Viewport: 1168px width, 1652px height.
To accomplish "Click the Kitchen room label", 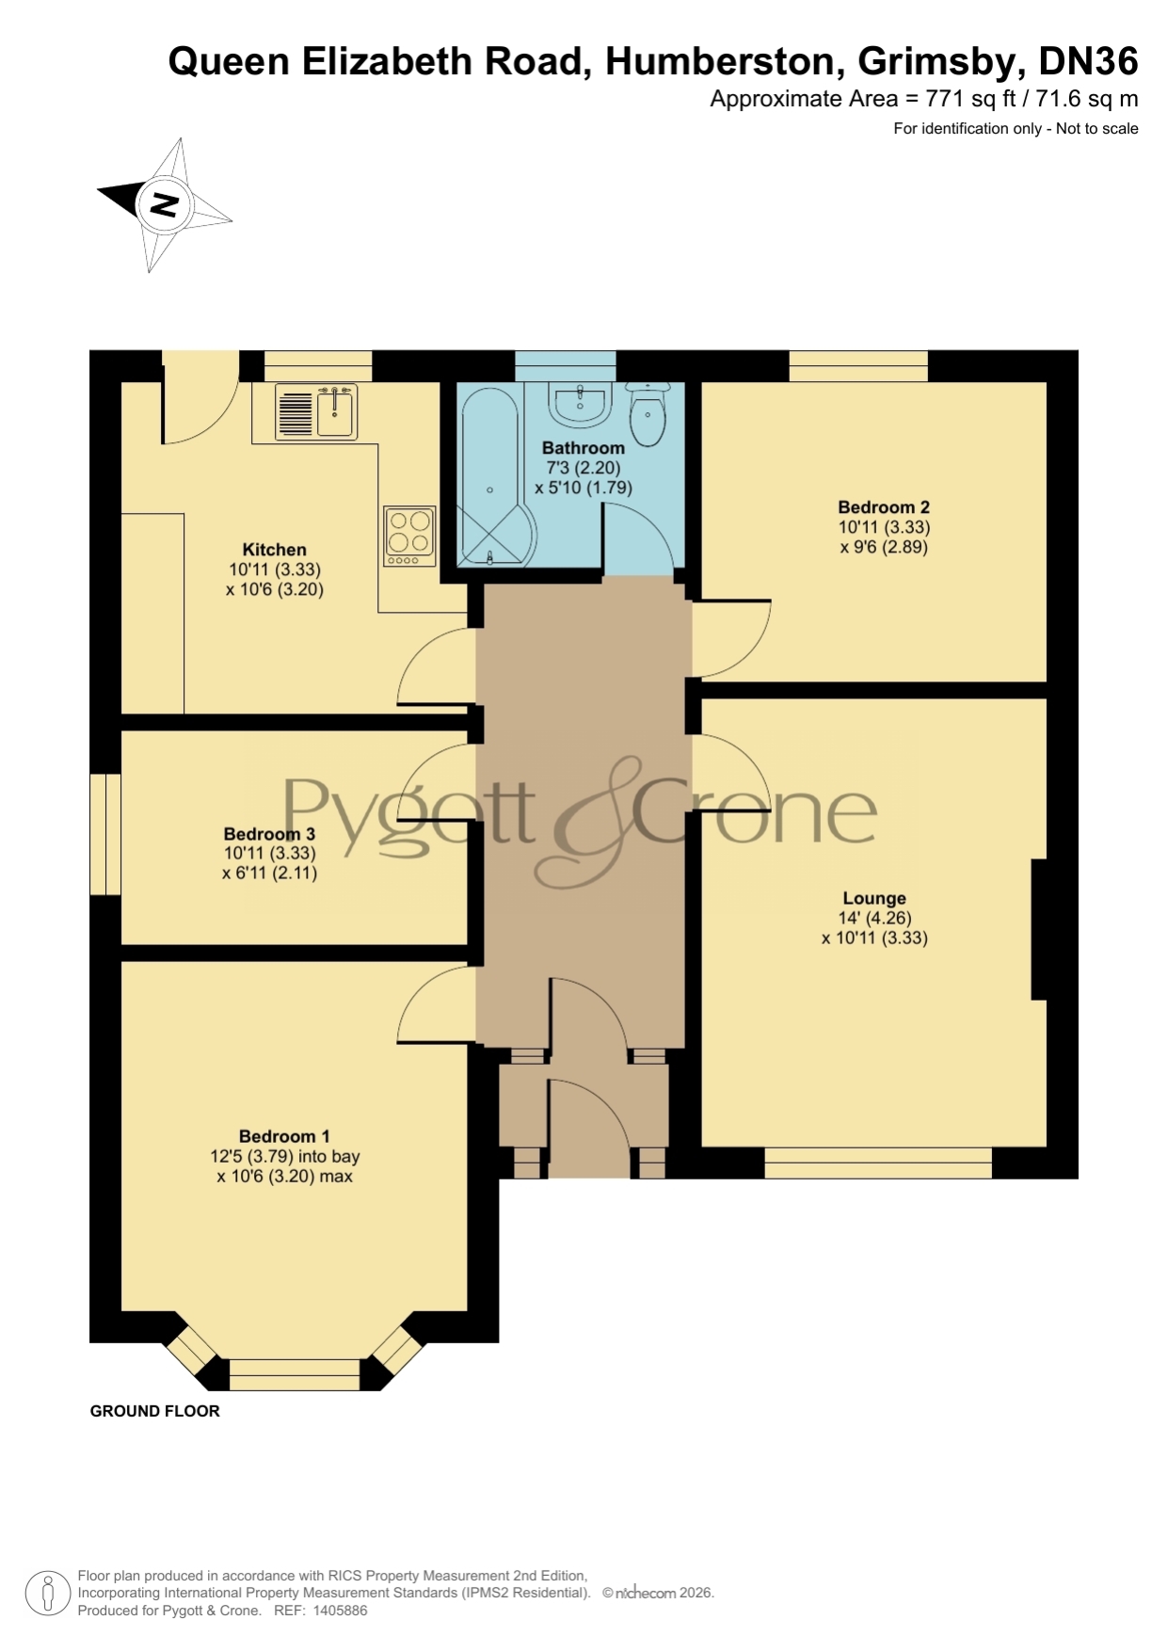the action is (274, 550).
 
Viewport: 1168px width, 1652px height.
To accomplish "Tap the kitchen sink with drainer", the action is (316, 411).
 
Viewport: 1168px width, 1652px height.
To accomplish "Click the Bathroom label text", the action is (584, 448).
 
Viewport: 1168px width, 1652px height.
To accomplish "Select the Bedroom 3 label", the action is (269, 834).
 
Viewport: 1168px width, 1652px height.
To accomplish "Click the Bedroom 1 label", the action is (284, 1136).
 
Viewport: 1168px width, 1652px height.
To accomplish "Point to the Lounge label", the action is (874, 898).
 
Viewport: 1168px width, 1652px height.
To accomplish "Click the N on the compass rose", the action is (165, 203).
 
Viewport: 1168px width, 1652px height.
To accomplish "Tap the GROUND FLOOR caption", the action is (155, 1411).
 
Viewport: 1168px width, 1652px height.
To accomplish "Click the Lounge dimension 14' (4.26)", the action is (875, 918).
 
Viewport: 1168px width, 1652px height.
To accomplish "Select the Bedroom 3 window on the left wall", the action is (105, 834).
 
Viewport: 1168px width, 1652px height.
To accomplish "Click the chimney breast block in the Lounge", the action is (1039, 929).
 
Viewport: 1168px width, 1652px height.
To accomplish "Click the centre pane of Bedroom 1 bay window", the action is (295, 1374).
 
